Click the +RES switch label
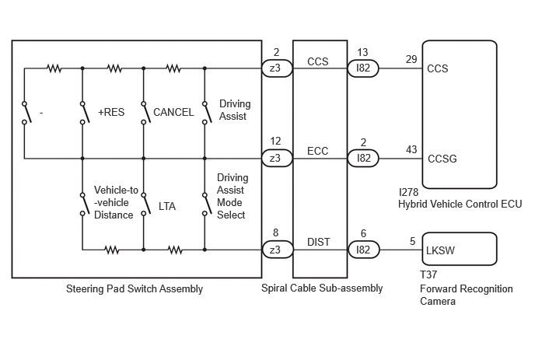pos(111,112)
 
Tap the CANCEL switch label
pos(173,112)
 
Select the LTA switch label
pos(167,207)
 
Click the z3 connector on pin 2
pos(277,68)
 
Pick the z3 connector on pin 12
pos(277,159)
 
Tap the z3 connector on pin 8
pos(278,250)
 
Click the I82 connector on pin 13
pos(363,68)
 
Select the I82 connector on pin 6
pos(363,250)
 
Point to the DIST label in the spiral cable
pos(319,242)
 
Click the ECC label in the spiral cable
pos(317,151)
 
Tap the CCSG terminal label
pos(442,159)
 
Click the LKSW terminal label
pos(440,251)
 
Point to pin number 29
pos(411,59)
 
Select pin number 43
pos(411,149)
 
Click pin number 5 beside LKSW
pos(412,242)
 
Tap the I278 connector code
pos(408,192)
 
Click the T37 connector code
pos(428,274)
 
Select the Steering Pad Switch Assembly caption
pos(135,289)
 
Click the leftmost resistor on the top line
pos(54,68)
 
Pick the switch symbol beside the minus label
pos(27,113)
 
